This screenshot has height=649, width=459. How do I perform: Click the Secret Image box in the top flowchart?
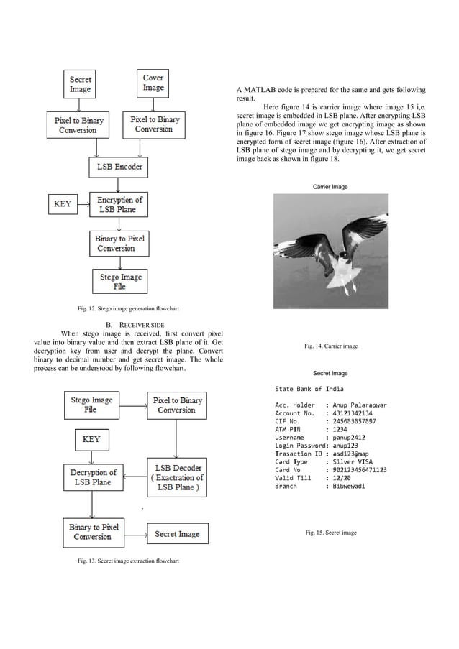pyautogui.click(x=81, y=84)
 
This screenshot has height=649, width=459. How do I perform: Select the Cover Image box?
pyautogui.click(x=153, y=83)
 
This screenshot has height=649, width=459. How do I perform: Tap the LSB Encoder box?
pyautogui.click(x=119, y=167)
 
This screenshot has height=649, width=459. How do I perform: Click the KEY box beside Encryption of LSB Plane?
pyautogui.click(x=63, y=204)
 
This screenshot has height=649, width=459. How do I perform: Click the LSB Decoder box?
pyautogui.click(x=176, y=477)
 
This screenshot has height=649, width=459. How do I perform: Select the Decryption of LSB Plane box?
pyautogui.click(x=93, y=477)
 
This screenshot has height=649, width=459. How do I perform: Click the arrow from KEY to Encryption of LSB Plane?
pyautogui.click(x=83, y=204)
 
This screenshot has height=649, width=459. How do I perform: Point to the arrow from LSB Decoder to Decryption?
pyautogui.click(x=132, y=477)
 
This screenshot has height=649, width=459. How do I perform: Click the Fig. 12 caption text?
pyautogui.click(x=128, y=309)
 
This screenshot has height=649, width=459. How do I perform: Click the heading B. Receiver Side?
pyautogui.click(x=127, y=324)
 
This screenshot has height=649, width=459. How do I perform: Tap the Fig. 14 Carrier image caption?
pyautogui.click(x=330, y=346)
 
